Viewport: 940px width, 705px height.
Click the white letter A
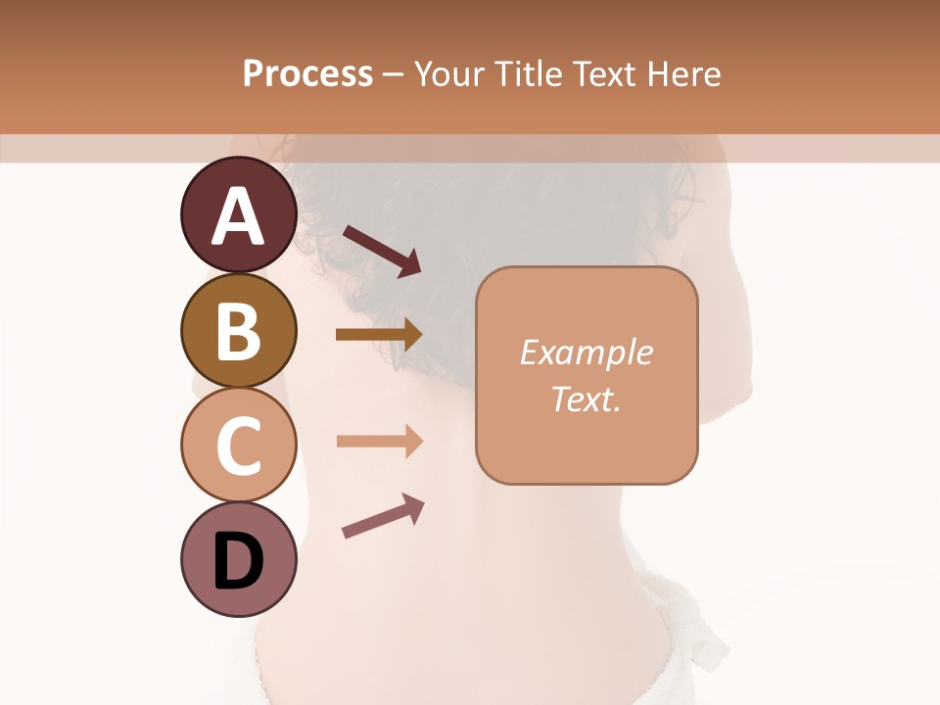coord(239,216)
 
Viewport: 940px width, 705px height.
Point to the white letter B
coord(239,331)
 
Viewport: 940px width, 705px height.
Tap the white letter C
coord(239,446)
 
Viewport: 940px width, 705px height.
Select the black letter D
coord(239,561)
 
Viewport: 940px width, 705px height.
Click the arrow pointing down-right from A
coord(382,251)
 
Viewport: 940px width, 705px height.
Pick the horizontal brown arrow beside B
coord(379,335)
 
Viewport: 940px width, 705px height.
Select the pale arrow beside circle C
coord(379,442)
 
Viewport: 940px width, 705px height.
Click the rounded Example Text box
coord(587,431)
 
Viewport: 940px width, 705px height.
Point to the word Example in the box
coord(586,353)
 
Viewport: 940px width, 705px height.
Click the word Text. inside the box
coord(586,399)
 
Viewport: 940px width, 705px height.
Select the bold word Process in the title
coord(307,73)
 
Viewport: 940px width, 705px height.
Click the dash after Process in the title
coord(393,75)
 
